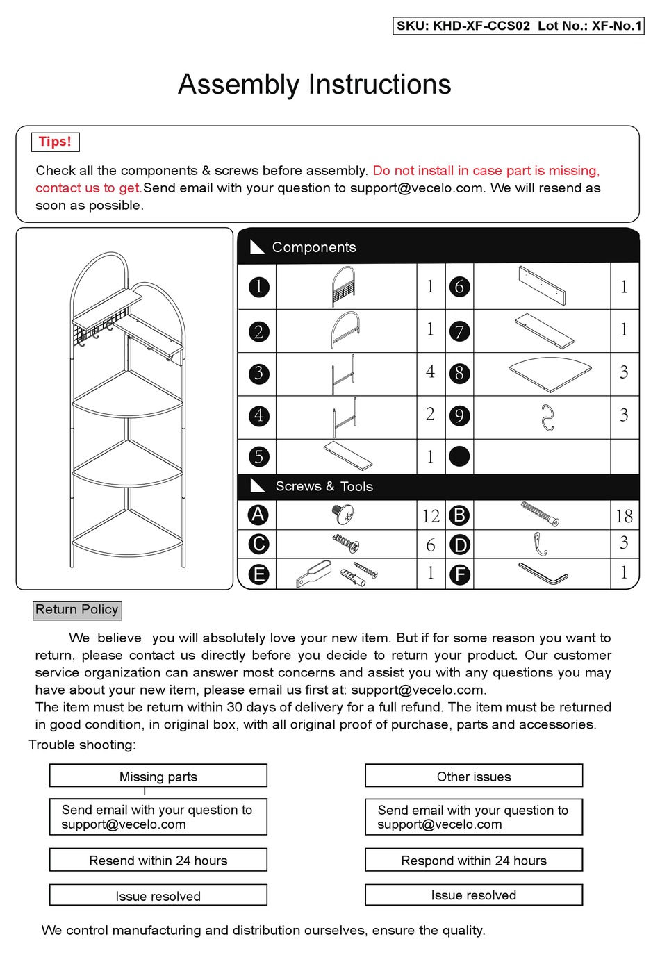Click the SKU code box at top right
(518, 26)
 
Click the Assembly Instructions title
(314, 84)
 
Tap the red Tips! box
(55, 142)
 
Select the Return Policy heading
(77, 610)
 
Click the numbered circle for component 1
(258, 287)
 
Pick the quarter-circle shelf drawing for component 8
(550, 374)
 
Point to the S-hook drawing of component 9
(547, 417)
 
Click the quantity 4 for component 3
(430, 372)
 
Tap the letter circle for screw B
(459, 515)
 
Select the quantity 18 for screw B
(623, 516)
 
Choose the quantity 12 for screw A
(431, 516)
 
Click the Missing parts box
(158, 777)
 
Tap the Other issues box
(474, 777)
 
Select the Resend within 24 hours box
(158, 861)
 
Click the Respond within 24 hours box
(474, 861)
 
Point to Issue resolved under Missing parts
(158, 896)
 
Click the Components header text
(314, 247)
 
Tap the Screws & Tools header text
(324, 486)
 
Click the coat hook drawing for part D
(540, 544)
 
